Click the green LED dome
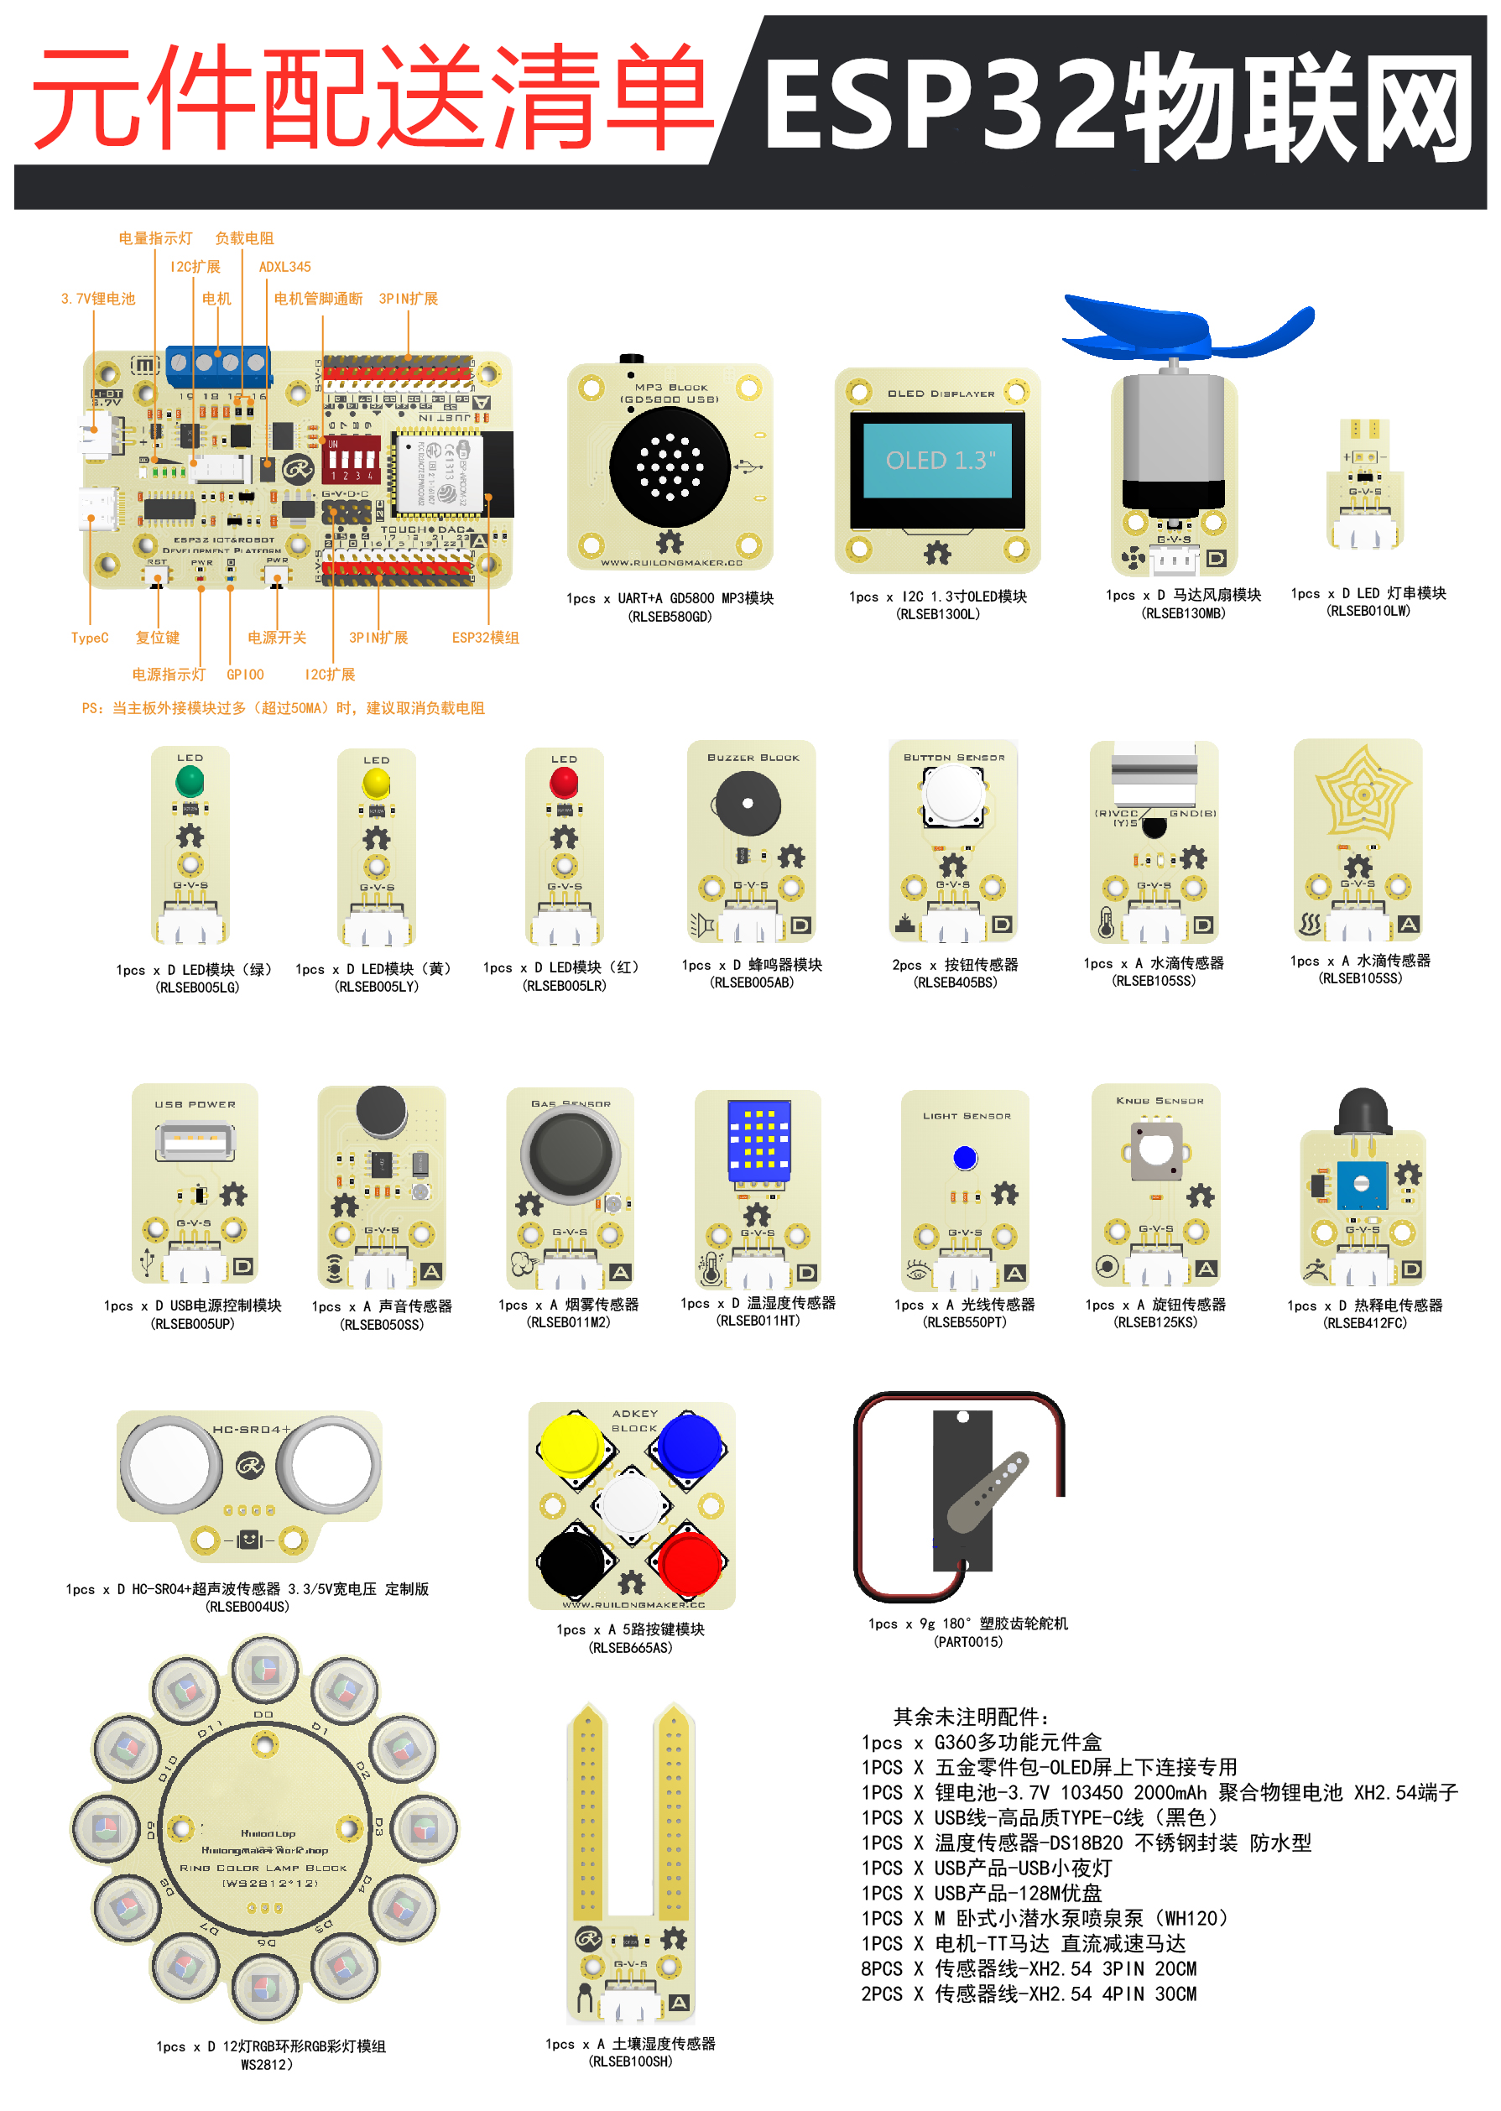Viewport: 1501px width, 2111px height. (x=190, y=782)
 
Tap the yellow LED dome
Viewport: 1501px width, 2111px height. (x=376, y=784)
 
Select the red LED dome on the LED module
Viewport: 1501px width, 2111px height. (x=564, y=784)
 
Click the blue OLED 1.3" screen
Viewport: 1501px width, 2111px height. (x=940, y=461)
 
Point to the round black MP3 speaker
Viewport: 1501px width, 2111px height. (x=670, y=467)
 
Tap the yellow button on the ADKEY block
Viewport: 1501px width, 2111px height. (x=571, y=1445)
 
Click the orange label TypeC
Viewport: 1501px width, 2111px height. (x=90, y=638)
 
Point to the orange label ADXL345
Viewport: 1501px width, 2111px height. (x=284, y=266)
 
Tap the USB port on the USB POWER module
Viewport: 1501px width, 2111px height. (x=194, y=1139)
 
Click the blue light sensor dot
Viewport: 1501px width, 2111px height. (x=965, y=1157)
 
